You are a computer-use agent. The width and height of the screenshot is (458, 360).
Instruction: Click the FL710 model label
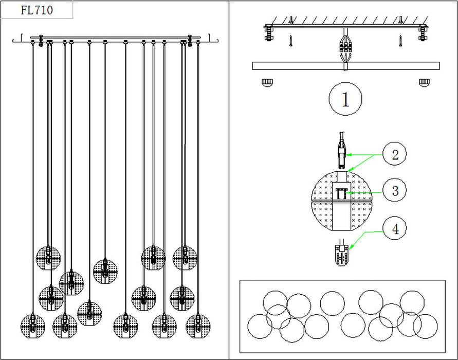click(x=37, y=10)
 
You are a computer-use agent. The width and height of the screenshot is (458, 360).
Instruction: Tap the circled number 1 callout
click(x=345, y=99)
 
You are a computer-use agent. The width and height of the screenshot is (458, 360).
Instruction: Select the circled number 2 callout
click(x=395, y=154)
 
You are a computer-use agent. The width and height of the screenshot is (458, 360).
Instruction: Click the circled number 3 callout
click(x=395, y=191)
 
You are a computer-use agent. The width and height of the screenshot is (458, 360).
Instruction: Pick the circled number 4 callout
click(x=395, y=228)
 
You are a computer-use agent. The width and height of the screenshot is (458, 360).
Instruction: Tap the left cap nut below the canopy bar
click(x=266, y=82)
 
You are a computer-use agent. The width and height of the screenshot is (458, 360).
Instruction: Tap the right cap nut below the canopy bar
click(x=424, y=82)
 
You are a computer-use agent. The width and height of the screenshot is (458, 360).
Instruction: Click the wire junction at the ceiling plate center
click(x=345, y=47)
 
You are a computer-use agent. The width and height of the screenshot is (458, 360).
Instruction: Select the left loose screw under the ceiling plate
click(x=291, y=39)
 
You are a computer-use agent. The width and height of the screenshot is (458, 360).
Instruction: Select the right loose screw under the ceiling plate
click(x=399, y=39)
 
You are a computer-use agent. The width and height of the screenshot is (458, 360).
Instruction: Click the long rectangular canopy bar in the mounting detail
click(x=345, y=66)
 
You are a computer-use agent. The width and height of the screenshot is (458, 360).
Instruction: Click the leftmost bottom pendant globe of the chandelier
click(x=33, y=325)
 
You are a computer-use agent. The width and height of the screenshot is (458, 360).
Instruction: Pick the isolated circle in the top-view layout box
click(x=332, y=302)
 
